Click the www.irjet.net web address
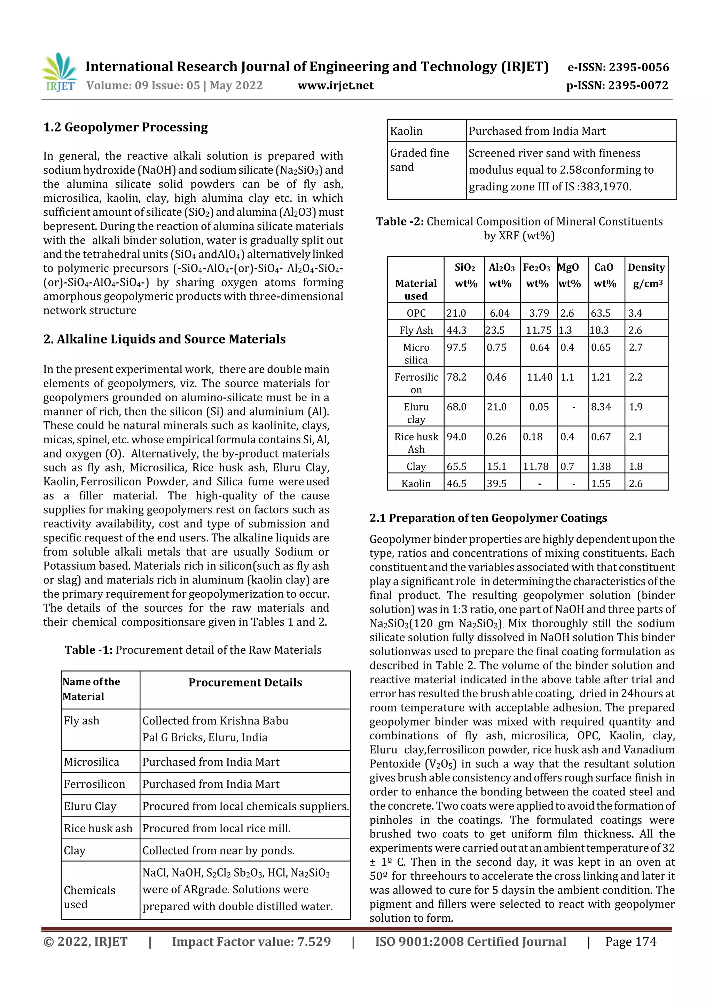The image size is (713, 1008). (335, 85)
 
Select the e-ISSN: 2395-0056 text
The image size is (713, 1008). (618, 67)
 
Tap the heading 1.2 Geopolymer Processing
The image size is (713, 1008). (126, 127)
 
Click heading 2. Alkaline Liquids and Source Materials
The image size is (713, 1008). (164, 339)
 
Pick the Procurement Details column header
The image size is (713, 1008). (245, 682)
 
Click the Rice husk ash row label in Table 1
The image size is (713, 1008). (98, 828)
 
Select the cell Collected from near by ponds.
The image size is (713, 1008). (218, 850)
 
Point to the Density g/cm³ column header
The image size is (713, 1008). (646, 276)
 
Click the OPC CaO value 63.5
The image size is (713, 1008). (601, 313)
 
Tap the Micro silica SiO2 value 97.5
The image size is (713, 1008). (456, 347)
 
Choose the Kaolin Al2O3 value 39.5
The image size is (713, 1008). (496, 483)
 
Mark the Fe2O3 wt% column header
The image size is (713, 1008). (537, 276)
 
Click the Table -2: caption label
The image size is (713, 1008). (399, 222)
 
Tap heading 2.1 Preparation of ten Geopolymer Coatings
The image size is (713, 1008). (488, 518)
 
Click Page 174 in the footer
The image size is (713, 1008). (630, 942)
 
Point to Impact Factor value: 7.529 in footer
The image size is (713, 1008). (251, 942)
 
